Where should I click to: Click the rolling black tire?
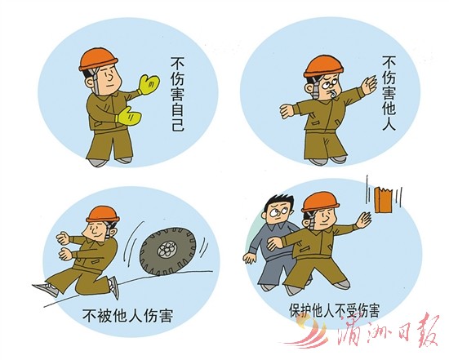168,251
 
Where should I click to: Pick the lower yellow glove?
128,115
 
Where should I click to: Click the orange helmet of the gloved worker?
99,60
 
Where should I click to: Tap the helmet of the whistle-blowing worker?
323,66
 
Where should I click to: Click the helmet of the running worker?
103,213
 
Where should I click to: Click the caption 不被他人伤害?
127,315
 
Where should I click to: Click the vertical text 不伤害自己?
178,94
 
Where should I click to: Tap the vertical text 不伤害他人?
389,93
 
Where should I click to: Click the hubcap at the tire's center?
167,249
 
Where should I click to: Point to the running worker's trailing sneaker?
46,290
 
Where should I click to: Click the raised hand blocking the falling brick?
363,220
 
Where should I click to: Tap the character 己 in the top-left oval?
178,124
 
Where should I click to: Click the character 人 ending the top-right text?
389,124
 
